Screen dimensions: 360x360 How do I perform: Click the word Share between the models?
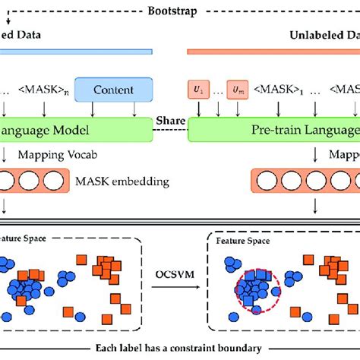tap(167, 119)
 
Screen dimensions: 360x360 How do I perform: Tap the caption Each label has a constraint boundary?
tap(180, 348)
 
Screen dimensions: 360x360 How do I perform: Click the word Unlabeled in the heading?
tap(315, 35)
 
